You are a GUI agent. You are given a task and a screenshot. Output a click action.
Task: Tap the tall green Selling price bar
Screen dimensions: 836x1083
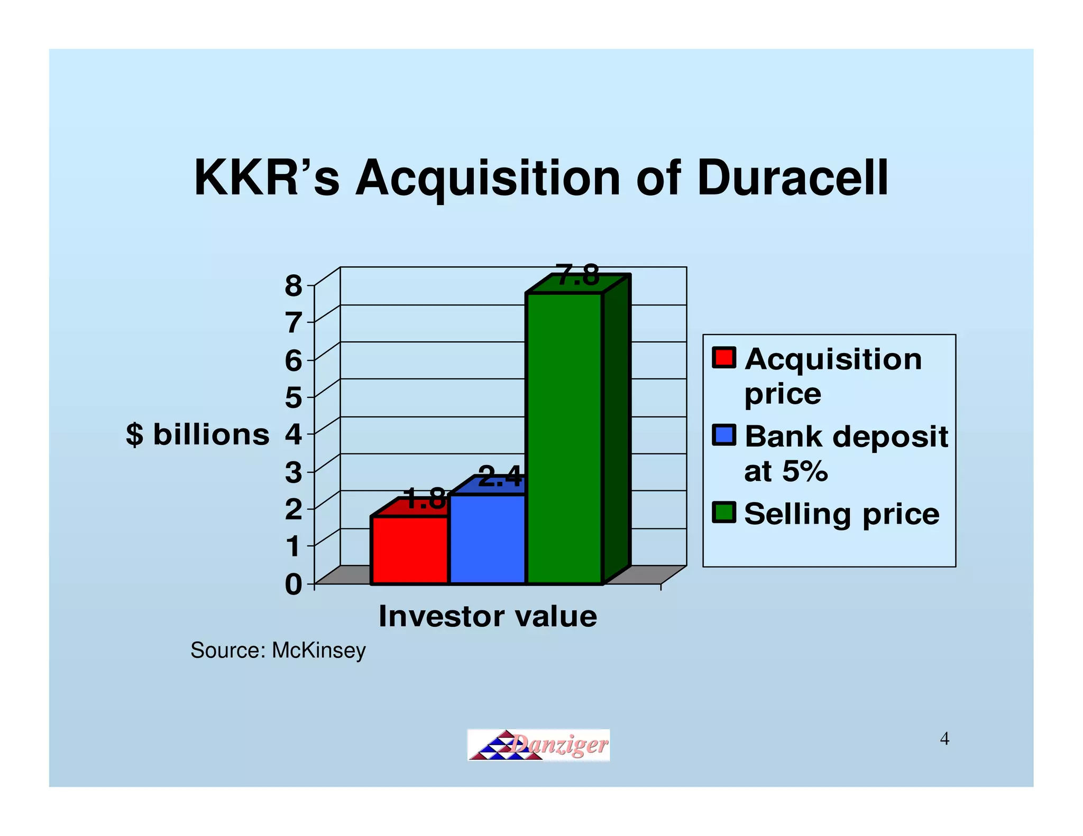tap(564, 439)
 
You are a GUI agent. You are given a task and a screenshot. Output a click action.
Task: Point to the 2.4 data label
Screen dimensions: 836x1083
tap(500, 477)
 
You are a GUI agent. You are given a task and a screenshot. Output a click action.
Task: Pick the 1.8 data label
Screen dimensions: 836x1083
tap(424, 499)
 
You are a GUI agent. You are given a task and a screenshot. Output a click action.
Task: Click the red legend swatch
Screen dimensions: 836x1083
tap(723, 358)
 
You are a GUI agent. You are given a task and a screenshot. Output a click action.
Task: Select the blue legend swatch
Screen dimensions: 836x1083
tap(723, 435)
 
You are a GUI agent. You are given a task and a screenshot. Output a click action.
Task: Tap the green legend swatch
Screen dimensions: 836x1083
tap(723, 512)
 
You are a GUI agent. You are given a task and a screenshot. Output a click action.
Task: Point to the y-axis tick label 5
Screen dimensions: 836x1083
tap(293, 398)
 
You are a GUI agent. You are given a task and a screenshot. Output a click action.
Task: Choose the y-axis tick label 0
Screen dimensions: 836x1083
tap(293, 585)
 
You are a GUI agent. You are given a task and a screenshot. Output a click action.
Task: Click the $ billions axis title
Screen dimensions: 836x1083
tap(198, 435)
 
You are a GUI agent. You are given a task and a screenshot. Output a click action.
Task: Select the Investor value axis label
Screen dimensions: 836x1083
tap(488, 616)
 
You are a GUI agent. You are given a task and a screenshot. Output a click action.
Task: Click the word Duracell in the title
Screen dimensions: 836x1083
tap(792, 178)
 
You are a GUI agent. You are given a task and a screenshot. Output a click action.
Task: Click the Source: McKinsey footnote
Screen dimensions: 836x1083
tap(278, 650)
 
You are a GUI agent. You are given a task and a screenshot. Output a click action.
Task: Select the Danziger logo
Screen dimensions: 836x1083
tap(538, 745)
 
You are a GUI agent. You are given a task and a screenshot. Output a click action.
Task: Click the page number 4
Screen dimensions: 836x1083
tap(944, 739)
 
